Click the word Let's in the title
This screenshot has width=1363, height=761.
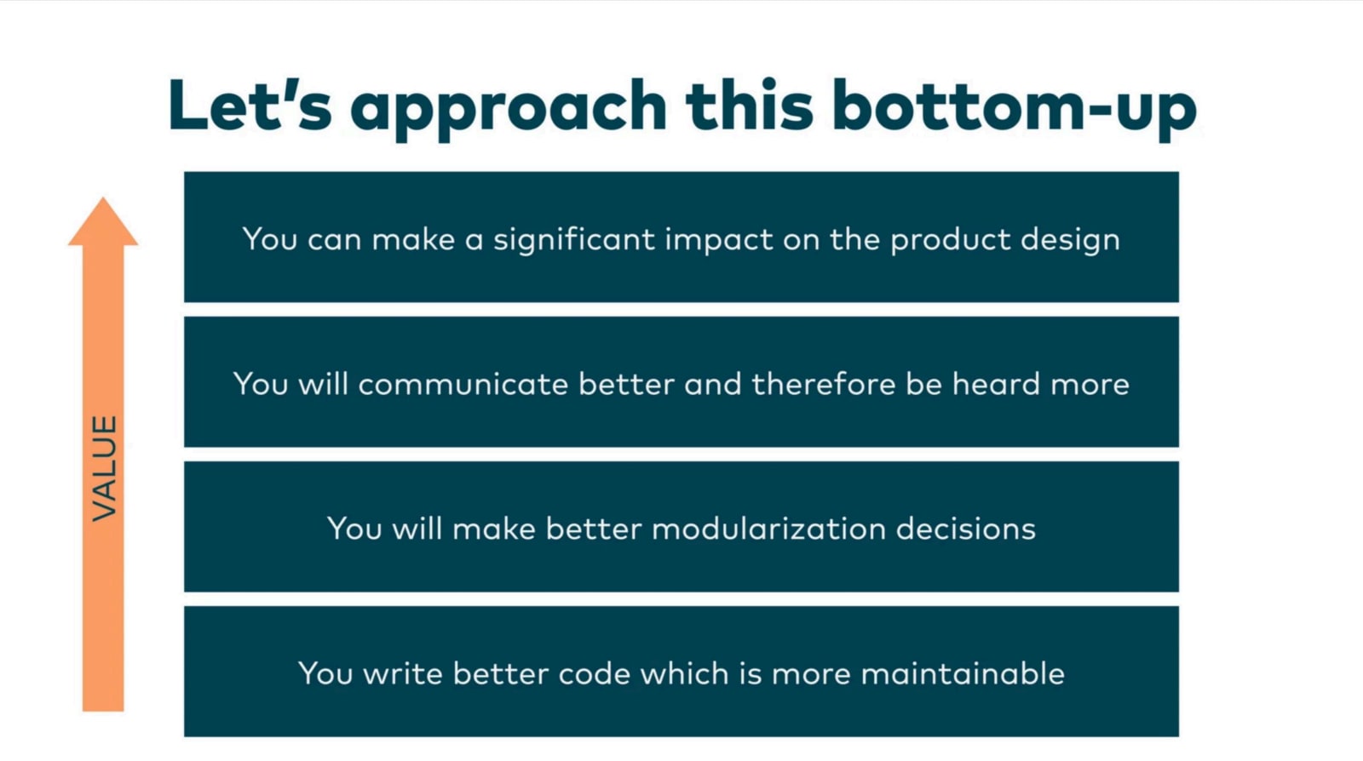click(250, 105)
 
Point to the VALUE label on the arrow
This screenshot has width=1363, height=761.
click(104, 468)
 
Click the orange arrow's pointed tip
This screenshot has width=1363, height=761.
click(103, 198)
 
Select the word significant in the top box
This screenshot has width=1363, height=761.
click(574, 239)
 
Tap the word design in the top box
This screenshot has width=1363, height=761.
click(1070, 239)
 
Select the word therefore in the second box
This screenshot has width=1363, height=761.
click(824, 384)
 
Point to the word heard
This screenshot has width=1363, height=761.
click(996, 384)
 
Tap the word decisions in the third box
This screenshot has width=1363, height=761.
click(966, 529)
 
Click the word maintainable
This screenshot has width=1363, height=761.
click(963, 673)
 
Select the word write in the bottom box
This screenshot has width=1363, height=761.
click(403, 673)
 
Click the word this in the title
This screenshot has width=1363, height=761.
click(750, 105)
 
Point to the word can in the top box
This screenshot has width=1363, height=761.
click(334, 239)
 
